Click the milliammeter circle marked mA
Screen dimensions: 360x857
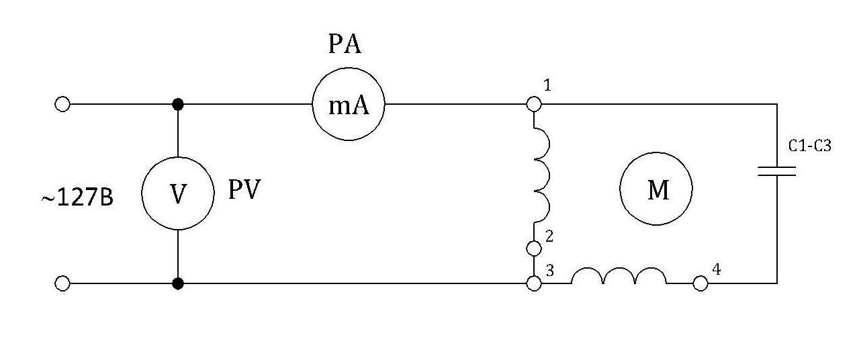[x=348, y=105]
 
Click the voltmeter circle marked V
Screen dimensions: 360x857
[x=177, y=193]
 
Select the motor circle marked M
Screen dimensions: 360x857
[x=656, y=189]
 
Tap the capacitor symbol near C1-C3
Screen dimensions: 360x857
[x=777, y=171]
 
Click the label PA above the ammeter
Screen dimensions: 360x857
[x=345, y=45]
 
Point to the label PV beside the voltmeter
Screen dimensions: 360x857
[x=243, y=190]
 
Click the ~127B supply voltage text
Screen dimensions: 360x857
[x=77, y=199]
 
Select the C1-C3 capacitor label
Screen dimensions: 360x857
[x=809, y=146]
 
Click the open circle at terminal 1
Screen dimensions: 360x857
[x=534, y=104]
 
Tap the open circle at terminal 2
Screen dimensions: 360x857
[x=534, y=249]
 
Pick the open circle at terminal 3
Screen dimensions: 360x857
[x=534, y=283]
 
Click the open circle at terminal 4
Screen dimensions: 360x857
[x=701, y=283]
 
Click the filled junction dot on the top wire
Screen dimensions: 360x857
[x=177, y=104]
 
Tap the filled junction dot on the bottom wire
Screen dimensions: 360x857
[x=177, y=283]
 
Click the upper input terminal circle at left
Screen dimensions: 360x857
[x=62, y=104]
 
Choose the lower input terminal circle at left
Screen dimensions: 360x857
[x=62, y=283]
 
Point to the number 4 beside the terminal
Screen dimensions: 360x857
[x=717, y=270]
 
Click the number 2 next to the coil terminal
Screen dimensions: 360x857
[x=549, y=236]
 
